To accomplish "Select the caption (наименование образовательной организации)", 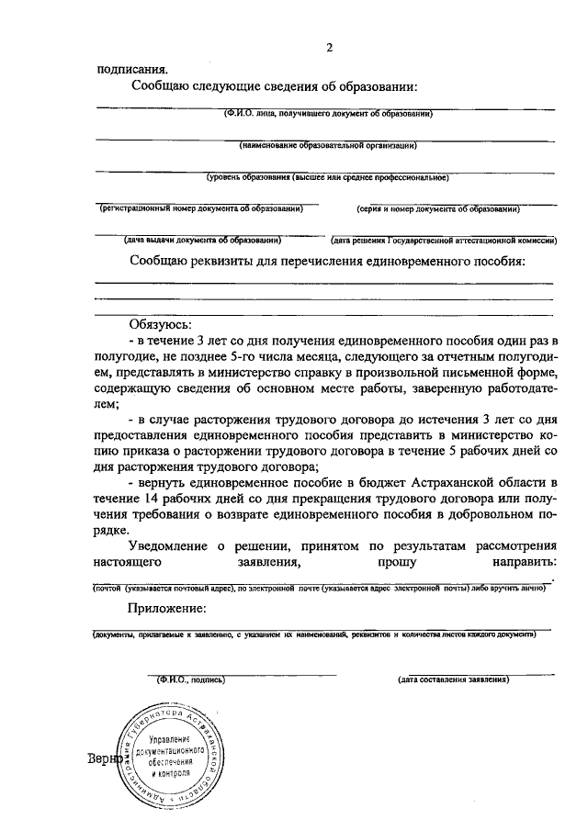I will click(328, 145).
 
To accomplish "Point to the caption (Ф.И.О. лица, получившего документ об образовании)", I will click(327, 114).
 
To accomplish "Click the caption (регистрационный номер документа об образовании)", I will click(201, 209).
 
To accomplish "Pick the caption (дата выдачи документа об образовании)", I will click(202, 241).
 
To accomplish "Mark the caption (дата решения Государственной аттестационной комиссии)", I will click(445, 241).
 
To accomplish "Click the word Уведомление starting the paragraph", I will click(175, 544).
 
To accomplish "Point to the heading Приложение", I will click(167, 610).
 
